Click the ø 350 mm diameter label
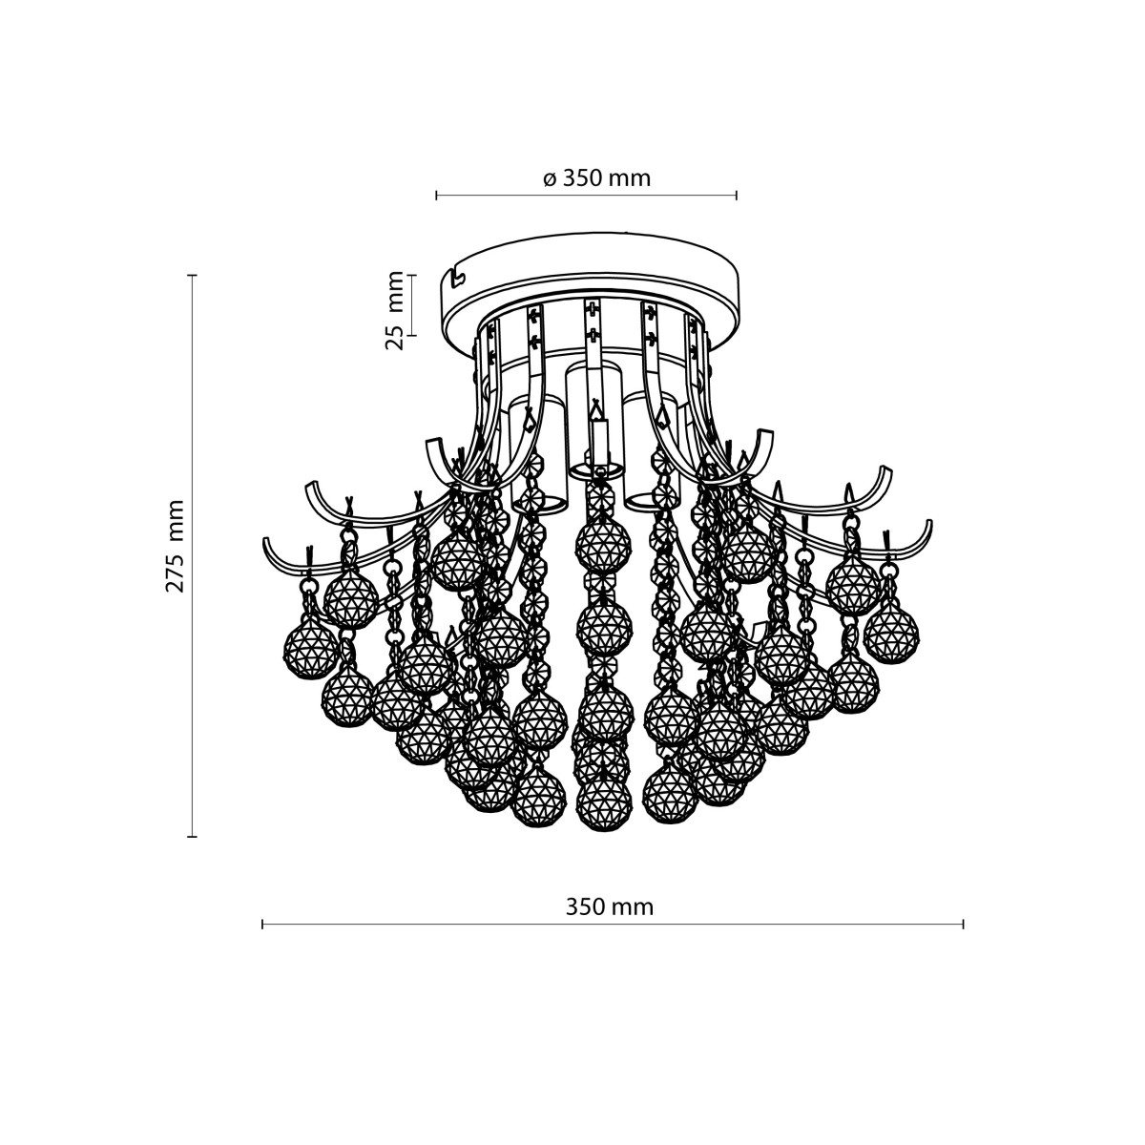[596, 178]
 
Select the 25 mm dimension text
[394, 309]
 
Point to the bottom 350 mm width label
[610, 907]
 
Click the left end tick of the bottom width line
[262, 924]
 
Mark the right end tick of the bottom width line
[964, 924]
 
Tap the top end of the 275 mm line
[193, 276]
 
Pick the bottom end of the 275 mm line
[193, 837]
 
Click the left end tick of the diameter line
[436, 196]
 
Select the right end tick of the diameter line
[737, 196]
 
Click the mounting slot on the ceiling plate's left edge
[458, 278]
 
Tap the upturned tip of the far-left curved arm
[267, 547]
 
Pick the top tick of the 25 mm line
[412, 276]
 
